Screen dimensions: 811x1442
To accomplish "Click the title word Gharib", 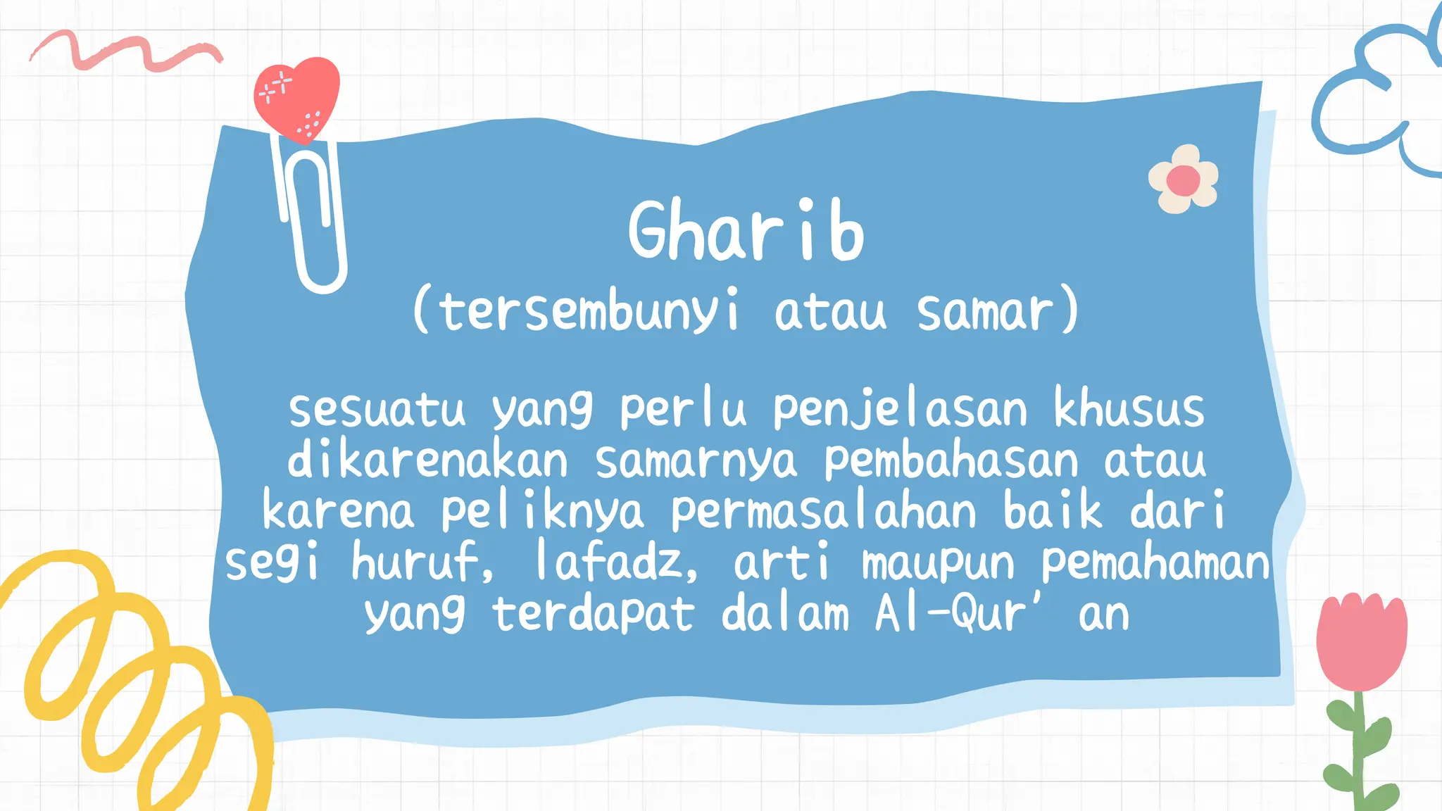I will pos(746,231).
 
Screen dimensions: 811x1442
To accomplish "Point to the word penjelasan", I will pos(900,410).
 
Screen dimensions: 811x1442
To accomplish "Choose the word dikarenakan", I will pos(427,460).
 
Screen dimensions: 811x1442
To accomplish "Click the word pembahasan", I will pos(951,462).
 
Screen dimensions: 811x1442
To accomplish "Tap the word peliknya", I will pos(541,512).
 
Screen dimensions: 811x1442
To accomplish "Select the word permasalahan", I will pos(823,512).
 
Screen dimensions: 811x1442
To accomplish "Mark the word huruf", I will pos(421,562).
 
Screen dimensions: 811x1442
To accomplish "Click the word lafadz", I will pos(615,562).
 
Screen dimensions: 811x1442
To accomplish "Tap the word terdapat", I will pos(593,615).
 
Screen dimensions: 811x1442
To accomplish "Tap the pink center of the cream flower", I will pos(1183,180).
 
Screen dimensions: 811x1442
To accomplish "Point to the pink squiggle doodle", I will pos(127,51).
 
